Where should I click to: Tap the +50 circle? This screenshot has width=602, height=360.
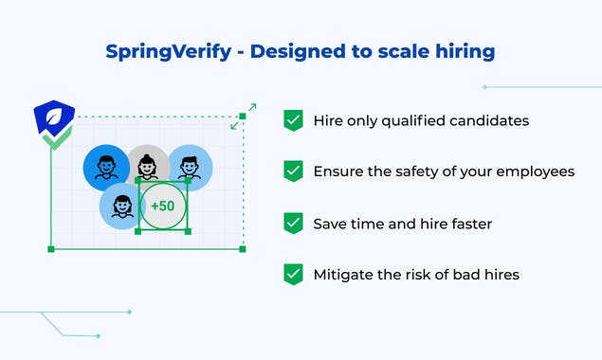163,205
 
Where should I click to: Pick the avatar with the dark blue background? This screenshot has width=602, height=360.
105,168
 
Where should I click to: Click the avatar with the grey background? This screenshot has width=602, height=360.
148,167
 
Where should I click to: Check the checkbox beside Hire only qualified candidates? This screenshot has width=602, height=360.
293,120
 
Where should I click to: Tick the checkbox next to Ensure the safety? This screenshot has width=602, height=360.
293,171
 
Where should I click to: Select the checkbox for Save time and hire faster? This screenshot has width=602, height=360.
293,224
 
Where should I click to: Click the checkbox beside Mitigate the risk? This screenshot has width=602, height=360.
293,275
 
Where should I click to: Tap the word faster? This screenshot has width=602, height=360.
465,224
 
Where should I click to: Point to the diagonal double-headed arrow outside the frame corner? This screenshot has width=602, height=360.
243,116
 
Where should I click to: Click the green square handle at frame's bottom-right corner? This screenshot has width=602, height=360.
243,249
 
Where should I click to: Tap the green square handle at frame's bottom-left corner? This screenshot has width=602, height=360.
51,249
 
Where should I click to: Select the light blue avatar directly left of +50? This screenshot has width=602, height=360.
121,205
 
